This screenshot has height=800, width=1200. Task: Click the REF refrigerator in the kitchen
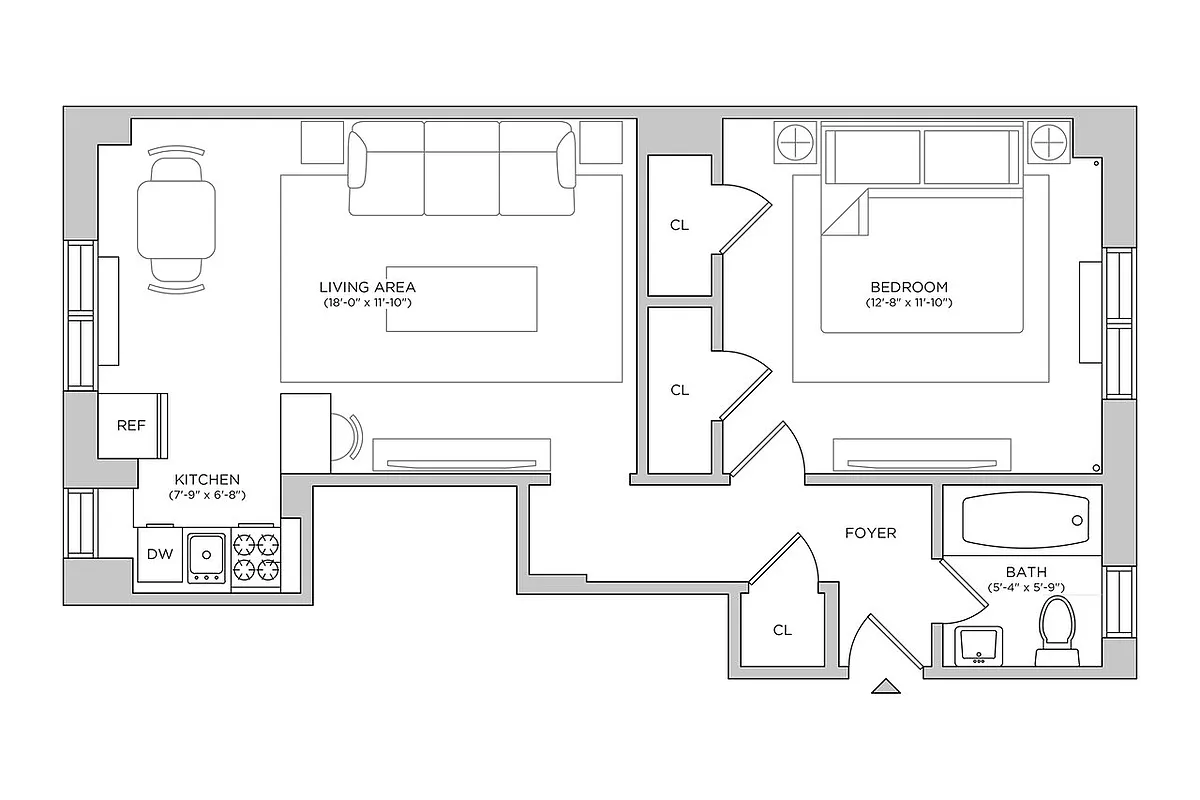(x=131, y=425)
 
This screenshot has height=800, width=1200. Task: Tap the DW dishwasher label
(x=159, y=554)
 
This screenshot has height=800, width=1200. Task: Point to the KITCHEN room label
(x=207, y=480)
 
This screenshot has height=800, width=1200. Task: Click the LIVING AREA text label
(x=367, y=287)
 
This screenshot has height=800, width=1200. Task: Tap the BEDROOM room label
(x=908, y=287)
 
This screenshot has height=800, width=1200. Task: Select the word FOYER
(x=870, y=533)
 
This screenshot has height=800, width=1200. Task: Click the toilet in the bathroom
(x=1057, y=629)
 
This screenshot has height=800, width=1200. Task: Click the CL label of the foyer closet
(x=782, y=630)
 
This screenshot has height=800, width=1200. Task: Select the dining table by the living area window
(x=176, y=220)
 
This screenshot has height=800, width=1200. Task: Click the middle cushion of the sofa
(x=462, y=167)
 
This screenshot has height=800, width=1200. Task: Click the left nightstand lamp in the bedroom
(x=796, y=143)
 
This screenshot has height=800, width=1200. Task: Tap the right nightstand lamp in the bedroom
(x=1050, y=143)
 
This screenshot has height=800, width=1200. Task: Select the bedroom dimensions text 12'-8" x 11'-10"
(x=908, y=302)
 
